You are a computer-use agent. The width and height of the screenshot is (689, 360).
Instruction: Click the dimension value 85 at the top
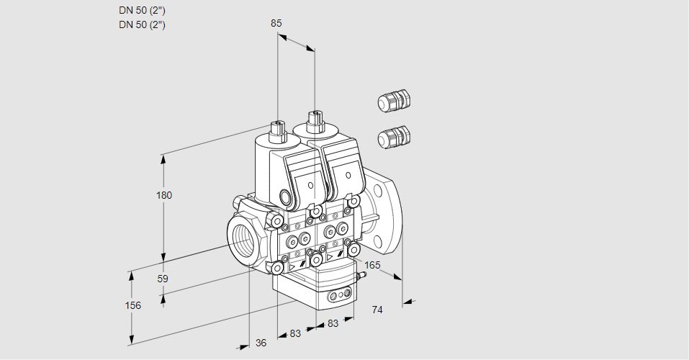tap(276, 23)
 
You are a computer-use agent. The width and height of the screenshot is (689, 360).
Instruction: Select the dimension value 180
tap(165, 195)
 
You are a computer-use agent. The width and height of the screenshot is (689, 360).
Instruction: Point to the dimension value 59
tap(163, 279)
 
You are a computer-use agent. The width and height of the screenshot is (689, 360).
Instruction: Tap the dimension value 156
tap(132, 305)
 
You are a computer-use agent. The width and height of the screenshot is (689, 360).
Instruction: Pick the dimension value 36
tap(261, 343)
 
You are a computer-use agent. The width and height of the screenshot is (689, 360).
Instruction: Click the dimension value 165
tap(371, 265)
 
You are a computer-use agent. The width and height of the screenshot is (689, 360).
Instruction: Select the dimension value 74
tap(377, 310)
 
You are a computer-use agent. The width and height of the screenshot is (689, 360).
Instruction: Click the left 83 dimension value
tap(295, 333)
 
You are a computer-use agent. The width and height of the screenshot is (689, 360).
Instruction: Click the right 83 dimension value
tap(333, 323)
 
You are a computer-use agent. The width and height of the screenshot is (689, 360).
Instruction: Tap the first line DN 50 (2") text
tap(142, 10)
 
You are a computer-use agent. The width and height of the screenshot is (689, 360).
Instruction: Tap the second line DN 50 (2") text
tap(142, 24)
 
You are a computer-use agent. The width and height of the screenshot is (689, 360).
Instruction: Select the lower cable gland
tap(393, 136)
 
